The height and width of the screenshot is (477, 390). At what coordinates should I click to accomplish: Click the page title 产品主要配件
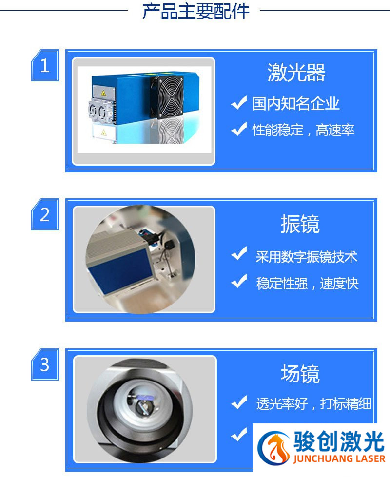[x=195, y=11]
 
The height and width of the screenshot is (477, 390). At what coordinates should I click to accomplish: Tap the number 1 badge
[x=45, y=65]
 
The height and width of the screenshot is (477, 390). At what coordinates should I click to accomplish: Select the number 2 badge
[x=45, y=214]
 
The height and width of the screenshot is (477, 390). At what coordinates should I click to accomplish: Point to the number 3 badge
[x=45, y=364]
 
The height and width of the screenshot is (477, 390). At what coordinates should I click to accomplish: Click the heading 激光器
[x=296, y=73]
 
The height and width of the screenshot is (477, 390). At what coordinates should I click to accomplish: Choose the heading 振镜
[x=300, y=224]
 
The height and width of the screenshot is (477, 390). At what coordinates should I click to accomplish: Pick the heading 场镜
[x=300, y=374]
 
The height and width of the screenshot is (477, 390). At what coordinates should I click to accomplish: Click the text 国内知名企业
[x=295, y=104]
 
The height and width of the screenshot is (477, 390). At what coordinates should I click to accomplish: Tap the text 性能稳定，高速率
[x=303, y=130]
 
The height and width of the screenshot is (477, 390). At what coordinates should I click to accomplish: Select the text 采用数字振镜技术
[x=306, y=257]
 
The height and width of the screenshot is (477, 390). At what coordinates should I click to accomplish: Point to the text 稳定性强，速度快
[x=307, y=283]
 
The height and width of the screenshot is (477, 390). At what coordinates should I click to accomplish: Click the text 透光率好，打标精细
[x=313, y=403]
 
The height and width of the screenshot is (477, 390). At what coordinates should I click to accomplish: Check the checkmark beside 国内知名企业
[x=238, y=103]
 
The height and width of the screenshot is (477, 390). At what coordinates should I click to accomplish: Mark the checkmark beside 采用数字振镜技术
[x=238, y=254]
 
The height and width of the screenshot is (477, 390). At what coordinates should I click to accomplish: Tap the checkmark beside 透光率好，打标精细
[x=238, y=402]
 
